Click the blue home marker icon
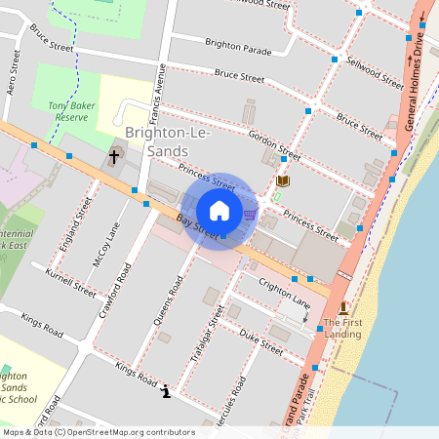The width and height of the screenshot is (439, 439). point(219,210)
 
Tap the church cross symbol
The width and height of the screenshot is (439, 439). point(114,156)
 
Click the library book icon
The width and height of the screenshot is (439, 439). point(284,180)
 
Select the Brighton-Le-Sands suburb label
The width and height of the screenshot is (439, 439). point(160,141)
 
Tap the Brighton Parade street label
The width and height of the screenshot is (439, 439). point(238,46)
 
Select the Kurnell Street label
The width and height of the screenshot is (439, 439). point(70,282)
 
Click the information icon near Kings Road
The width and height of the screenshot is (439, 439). point(166,391)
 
